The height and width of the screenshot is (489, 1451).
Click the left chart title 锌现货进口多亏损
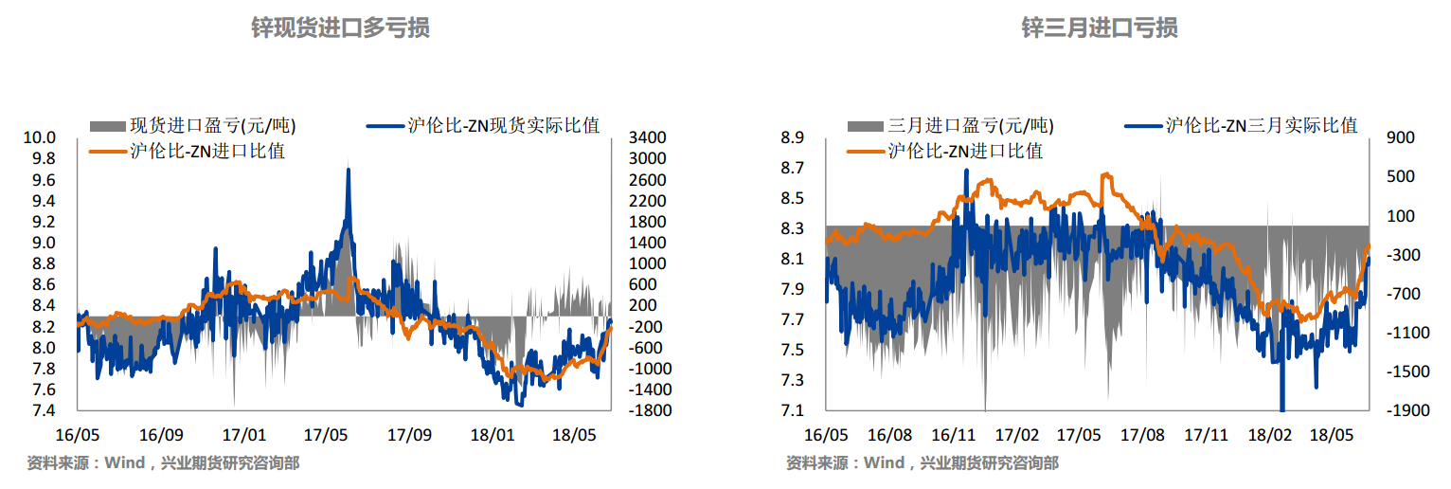(340, 28)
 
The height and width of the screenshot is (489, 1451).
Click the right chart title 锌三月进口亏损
(1100, 28)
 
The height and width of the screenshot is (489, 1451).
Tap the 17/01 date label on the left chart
(243, 436)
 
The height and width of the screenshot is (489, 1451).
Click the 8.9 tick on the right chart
(792, 138)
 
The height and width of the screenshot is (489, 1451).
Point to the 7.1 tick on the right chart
(792, 411)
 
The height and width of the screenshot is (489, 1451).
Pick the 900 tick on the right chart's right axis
(1399, 138)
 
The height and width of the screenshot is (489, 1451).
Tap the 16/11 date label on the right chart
(954, 436)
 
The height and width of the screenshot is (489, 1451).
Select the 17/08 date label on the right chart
(1142, 436)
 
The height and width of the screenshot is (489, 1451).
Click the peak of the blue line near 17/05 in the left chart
(349, 170)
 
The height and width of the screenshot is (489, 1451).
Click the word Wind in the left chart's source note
(123, 463)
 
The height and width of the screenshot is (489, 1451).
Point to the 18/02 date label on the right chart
(1269, 436)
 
